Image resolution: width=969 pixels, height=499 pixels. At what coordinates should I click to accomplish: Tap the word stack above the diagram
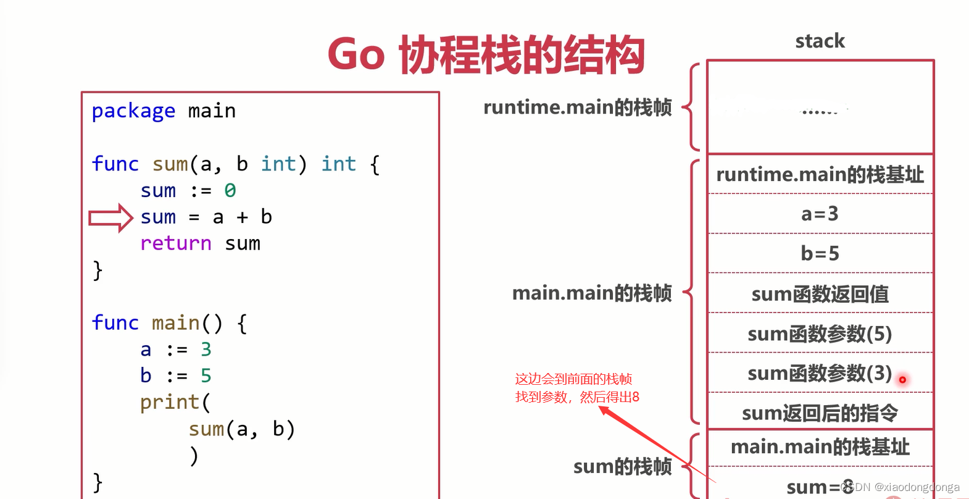pos(820,41)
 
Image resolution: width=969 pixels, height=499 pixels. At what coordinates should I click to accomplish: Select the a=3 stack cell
pos(820,214)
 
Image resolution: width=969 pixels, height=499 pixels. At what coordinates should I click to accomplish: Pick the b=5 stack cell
pos(820,254)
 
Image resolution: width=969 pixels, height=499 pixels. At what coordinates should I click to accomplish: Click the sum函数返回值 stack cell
pos(820,294)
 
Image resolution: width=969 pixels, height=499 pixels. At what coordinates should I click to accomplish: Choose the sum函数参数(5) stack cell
pos(820,334)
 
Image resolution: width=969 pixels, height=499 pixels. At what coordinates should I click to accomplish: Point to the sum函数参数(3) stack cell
pos(820,374)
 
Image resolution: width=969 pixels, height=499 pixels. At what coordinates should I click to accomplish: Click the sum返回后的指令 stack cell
pos(820,413)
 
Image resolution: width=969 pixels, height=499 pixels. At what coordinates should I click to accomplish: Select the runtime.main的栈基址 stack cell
pos(820,175)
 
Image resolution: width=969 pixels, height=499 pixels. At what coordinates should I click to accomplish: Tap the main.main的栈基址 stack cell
pos(820,447)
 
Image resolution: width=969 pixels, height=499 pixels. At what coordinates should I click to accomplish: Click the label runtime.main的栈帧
pos(577,107)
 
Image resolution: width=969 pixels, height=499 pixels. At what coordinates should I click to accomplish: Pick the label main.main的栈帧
pos(591,293)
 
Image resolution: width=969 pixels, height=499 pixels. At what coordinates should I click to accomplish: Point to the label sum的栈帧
pos(622,467)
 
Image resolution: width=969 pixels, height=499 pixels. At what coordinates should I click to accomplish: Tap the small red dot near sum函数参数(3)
pos(902,380)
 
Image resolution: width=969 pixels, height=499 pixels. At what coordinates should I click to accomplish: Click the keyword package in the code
pos(133,111)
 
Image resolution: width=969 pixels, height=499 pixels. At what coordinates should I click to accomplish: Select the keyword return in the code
pos(176,243)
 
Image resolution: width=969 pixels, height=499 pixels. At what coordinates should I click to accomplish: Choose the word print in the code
pos(170,403)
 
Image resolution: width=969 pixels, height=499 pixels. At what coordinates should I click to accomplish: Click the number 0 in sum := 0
pos(230,191)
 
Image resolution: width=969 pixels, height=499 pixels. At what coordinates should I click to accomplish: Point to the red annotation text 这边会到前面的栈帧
pos(573,379)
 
